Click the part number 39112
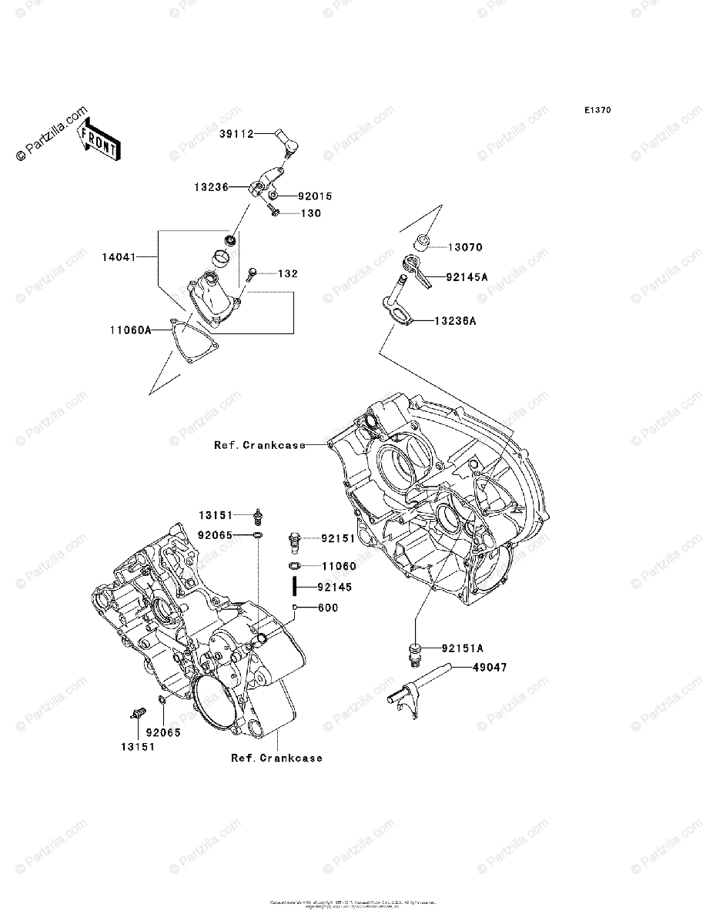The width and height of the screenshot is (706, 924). (235, 133)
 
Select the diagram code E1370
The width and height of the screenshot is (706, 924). (597, 111)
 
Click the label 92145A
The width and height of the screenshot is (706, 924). (466, 277)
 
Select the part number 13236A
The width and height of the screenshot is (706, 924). (454, 321)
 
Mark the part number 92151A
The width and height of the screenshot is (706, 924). (464, 648)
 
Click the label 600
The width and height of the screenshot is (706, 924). (327, 608)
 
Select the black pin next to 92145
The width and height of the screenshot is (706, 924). (295, 587)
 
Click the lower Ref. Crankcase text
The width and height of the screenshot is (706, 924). (276, 758)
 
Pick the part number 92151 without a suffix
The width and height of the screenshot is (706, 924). (338, 538)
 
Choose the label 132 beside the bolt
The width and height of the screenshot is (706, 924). (287, 273)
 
